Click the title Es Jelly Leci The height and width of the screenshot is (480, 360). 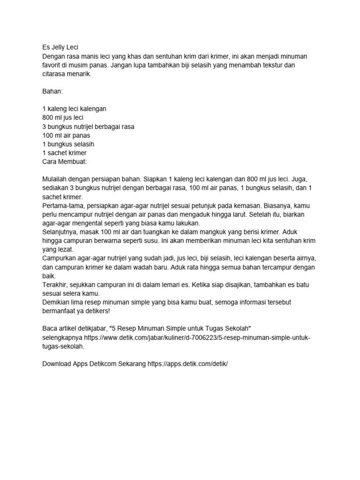tap(61, 47)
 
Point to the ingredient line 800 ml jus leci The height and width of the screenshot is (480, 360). tap(63, 118)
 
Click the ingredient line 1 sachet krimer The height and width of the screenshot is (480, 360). tap(64, 153)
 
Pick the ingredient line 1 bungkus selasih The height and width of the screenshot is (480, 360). tap(67, 144)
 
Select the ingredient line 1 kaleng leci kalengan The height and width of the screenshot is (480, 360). tap(74, 109)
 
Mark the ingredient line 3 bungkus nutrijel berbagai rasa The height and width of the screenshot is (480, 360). tap(88, 127)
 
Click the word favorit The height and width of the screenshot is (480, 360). tap(52, 65)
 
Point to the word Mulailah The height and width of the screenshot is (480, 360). tap(56, 180)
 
